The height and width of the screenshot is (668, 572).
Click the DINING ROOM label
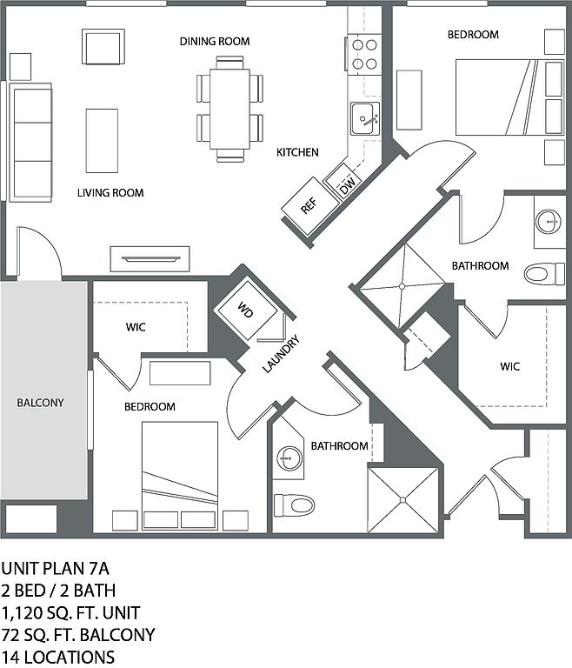click(x=215, y=41)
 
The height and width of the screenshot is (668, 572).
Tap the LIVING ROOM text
click(x=110, y=192)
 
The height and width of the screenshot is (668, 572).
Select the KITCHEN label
click(x=297, y=152)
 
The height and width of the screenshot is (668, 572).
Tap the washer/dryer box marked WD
click(x=246, y=309)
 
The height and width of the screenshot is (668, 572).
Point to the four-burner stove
click(x=364, y=52)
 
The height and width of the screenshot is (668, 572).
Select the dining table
click(x=230, y=108)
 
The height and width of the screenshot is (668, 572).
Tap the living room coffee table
click(x=102, y=141)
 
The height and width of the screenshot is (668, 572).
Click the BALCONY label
click(x=40, y=403)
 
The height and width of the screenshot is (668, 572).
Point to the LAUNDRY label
click(x=282, y=354)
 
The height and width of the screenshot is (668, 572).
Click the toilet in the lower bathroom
click(x=293, y=504)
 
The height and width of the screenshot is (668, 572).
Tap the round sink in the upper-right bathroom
click(x=549, y=221)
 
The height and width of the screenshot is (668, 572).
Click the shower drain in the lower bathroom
click(x=403, y=499)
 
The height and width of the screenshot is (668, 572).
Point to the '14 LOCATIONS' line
click(x=57, y=657)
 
